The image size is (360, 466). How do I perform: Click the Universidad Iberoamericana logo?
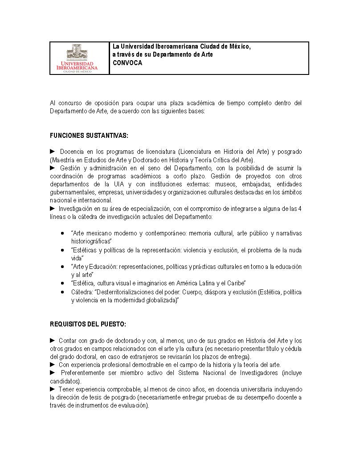tap(80, 58)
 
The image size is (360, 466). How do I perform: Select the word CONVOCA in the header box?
tap(127, 63)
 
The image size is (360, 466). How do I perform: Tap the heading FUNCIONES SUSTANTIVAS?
tap(89, 135)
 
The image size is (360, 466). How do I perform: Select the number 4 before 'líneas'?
tap(300, 209)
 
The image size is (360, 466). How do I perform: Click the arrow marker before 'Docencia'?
tap(53, 151)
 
